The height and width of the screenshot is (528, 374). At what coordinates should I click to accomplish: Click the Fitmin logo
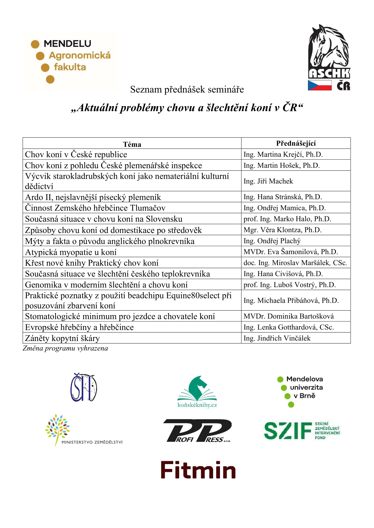198,470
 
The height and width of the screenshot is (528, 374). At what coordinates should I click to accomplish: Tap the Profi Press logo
197,431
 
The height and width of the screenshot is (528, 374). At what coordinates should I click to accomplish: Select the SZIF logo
302,430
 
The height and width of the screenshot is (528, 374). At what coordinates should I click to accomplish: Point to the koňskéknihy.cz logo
197,392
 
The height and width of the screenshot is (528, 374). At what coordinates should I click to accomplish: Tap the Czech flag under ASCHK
320,85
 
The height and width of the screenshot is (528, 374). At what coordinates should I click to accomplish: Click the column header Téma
132,144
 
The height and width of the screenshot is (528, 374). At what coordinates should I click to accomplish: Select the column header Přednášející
296,143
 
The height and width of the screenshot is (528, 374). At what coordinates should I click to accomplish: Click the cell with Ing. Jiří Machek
268,181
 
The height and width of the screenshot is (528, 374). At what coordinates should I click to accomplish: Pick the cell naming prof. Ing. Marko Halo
287,219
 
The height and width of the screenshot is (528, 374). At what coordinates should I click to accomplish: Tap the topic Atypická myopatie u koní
71,252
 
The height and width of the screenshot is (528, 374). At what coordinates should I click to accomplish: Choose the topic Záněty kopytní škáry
62,338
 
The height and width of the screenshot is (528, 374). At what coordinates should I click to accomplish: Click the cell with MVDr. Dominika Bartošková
289,316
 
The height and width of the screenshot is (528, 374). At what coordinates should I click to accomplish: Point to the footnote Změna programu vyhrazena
65,348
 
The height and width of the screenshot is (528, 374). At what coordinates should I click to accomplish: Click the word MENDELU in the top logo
67,44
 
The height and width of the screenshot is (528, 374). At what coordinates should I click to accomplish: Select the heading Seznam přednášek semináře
187,89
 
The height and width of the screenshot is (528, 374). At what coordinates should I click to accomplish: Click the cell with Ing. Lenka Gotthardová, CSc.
289,327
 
